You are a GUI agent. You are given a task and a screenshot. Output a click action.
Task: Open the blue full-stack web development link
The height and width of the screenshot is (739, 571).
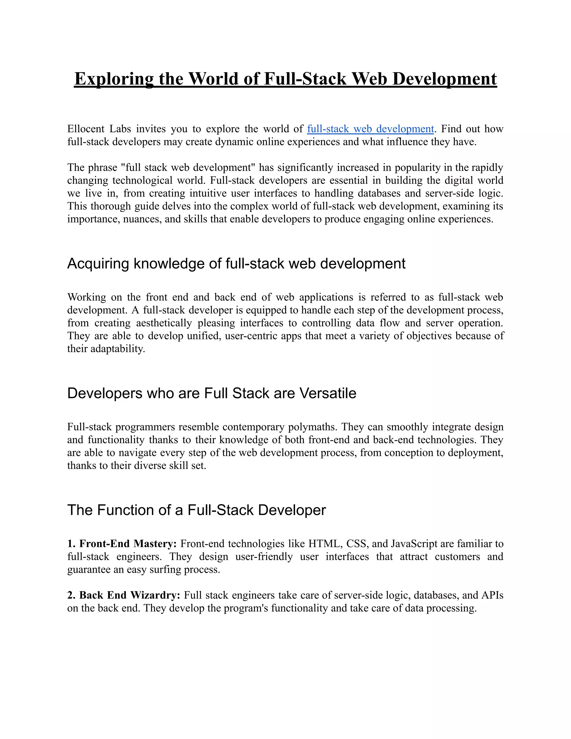tap(370, 129)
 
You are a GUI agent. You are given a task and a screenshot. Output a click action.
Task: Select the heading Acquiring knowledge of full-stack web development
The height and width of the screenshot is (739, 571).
tap(236, 264)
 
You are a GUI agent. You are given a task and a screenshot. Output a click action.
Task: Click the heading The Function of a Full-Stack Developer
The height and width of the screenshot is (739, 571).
tap(196, 510)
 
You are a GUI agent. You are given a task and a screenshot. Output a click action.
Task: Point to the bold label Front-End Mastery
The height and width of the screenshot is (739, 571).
tap(127, 544)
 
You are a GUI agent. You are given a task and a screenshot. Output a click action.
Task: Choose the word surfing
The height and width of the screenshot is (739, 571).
tap(165, 569)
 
